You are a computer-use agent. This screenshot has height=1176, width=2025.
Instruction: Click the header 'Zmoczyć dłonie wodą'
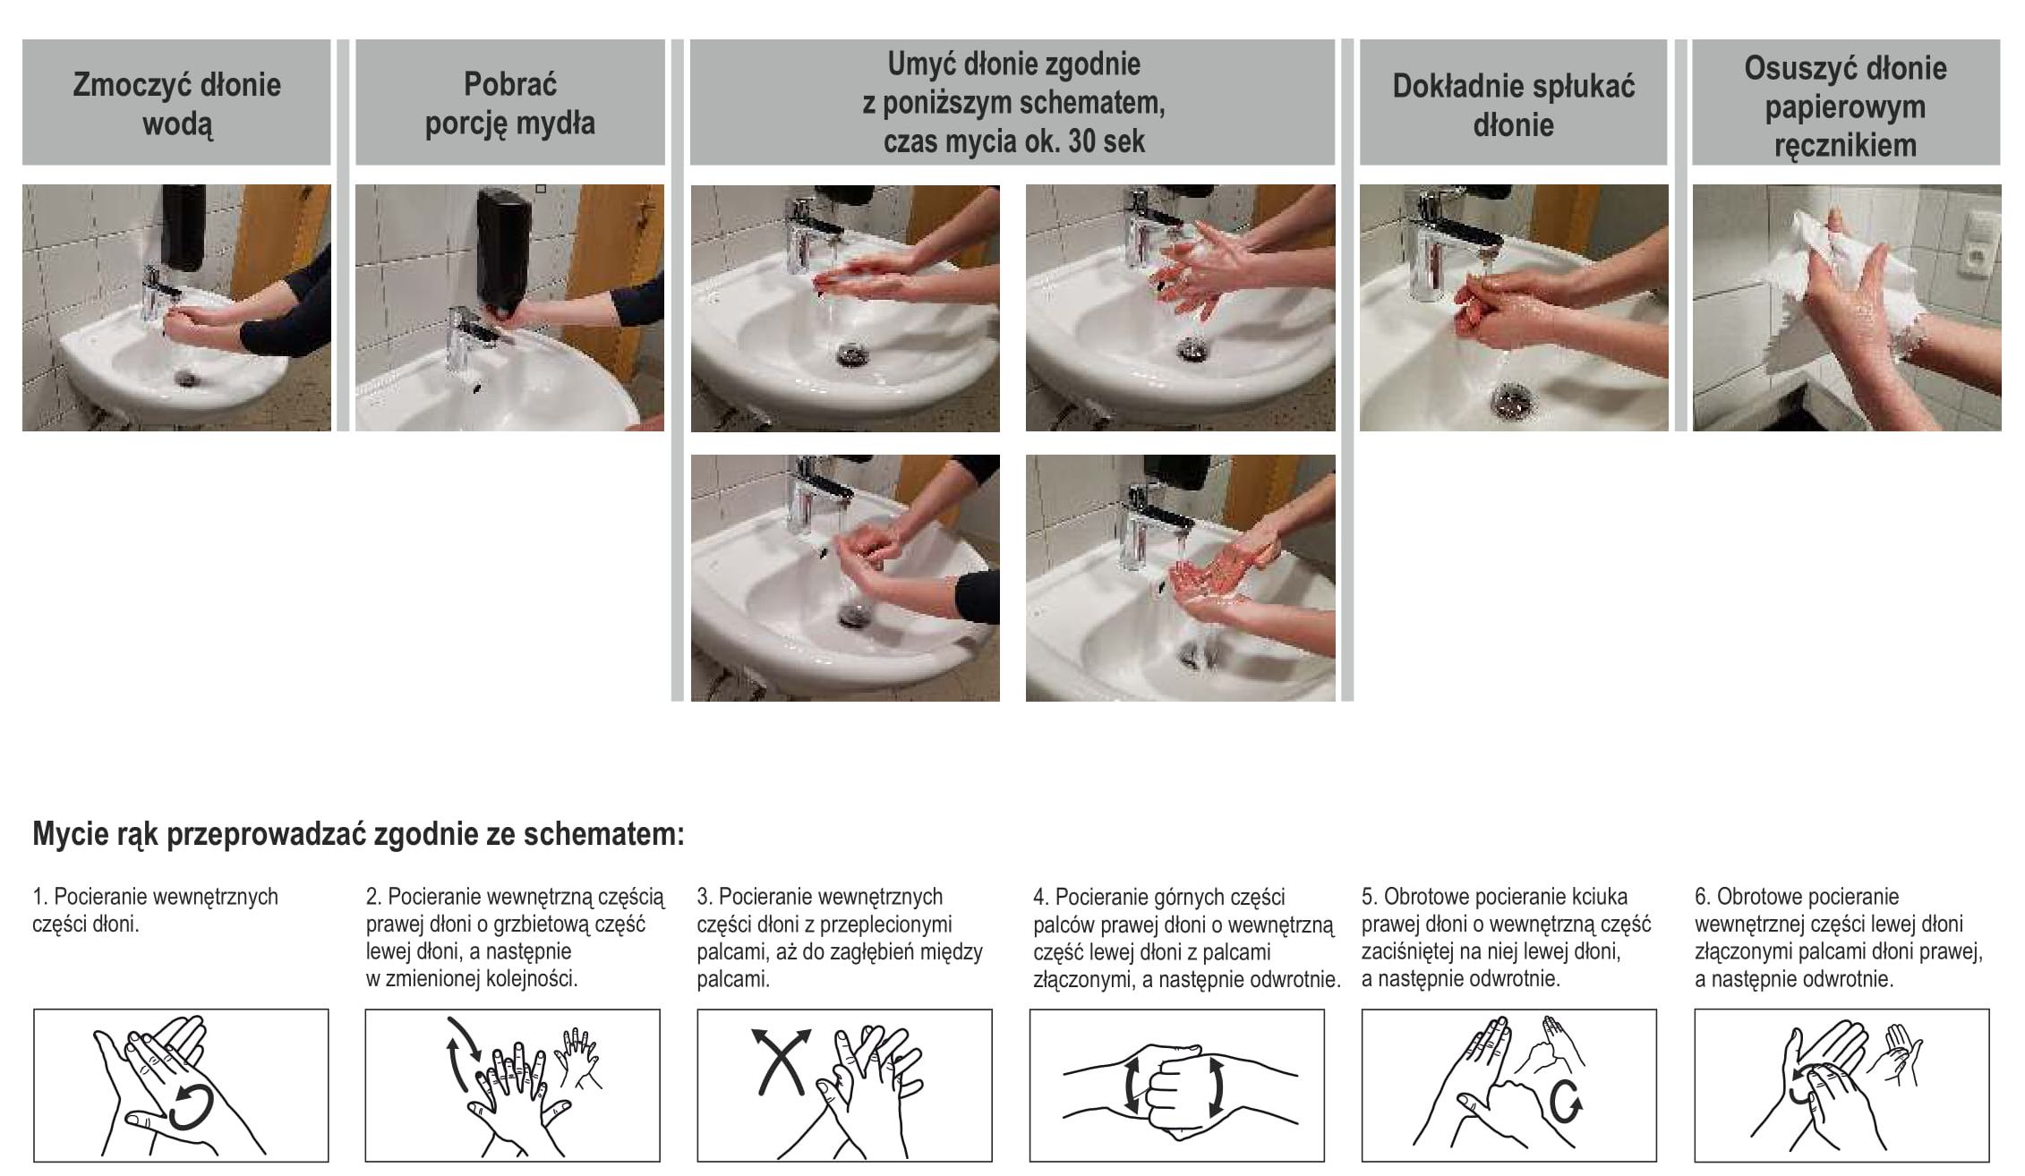coord(176,104)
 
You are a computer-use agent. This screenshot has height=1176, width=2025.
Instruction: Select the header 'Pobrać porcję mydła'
coord(509,103)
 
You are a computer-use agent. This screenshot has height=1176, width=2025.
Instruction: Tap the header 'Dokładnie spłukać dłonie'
coord(1513,105)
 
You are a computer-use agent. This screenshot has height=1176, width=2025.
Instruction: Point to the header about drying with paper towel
coord(1845,107)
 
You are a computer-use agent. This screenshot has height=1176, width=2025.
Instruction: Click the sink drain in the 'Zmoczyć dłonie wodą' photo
coord(187,377)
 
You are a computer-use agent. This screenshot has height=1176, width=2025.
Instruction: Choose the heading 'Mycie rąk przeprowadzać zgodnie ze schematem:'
coord(358,834)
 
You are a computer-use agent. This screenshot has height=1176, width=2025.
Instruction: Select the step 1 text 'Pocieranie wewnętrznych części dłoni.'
coord(155,910)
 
